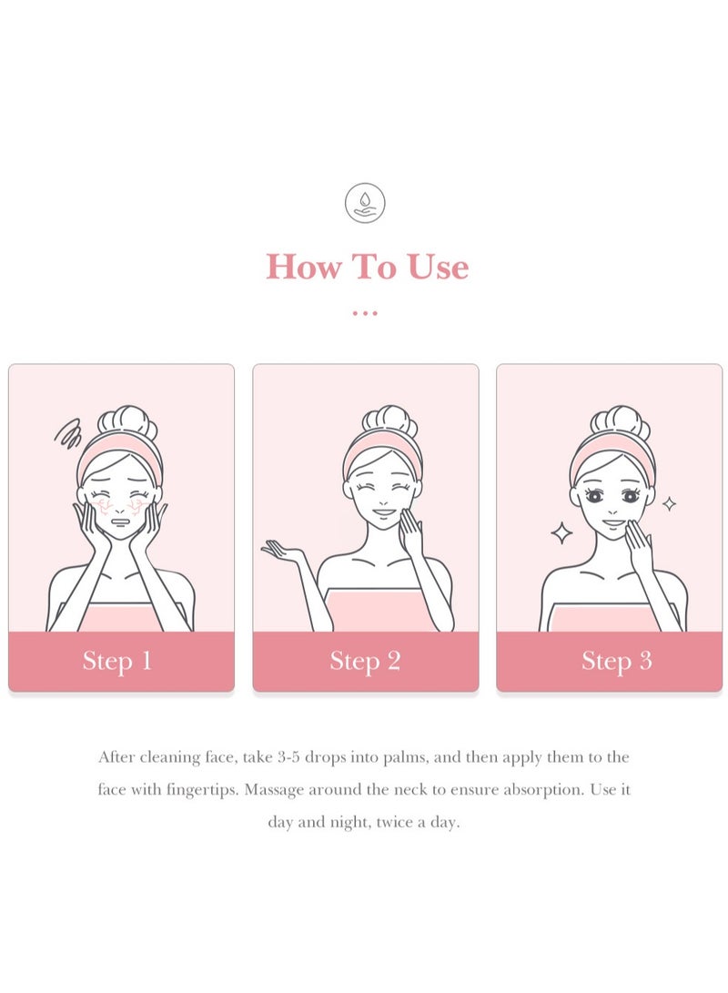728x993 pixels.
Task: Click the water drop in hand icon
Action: (x=365, y=203)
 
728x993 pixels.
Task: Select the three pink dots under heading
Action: (x=365, y=313)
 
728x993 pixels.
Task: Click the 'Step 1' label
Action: (x=117, y=661)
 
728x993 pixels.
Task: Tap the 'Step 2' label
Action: (x=365, y=661)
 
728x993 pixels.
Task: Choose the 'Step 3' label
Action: (x=616, y=661)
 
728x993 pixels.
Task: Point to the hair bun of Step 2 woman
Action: (x=389, y=421)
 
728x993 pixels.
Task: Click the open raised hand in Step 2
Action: (x=282, y=550)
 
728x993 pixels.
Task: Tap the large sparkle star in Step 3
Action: (x=562, y=532)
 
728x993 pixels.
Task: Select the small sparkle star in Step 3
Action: (x=669, y=503)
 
